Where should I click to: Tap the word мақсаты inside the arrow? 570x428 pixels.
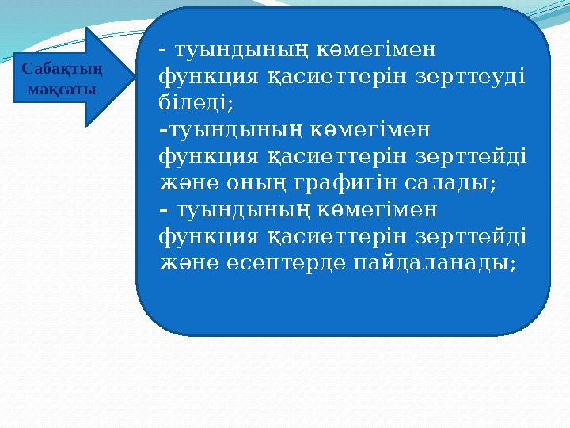[x=62, y=88]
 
